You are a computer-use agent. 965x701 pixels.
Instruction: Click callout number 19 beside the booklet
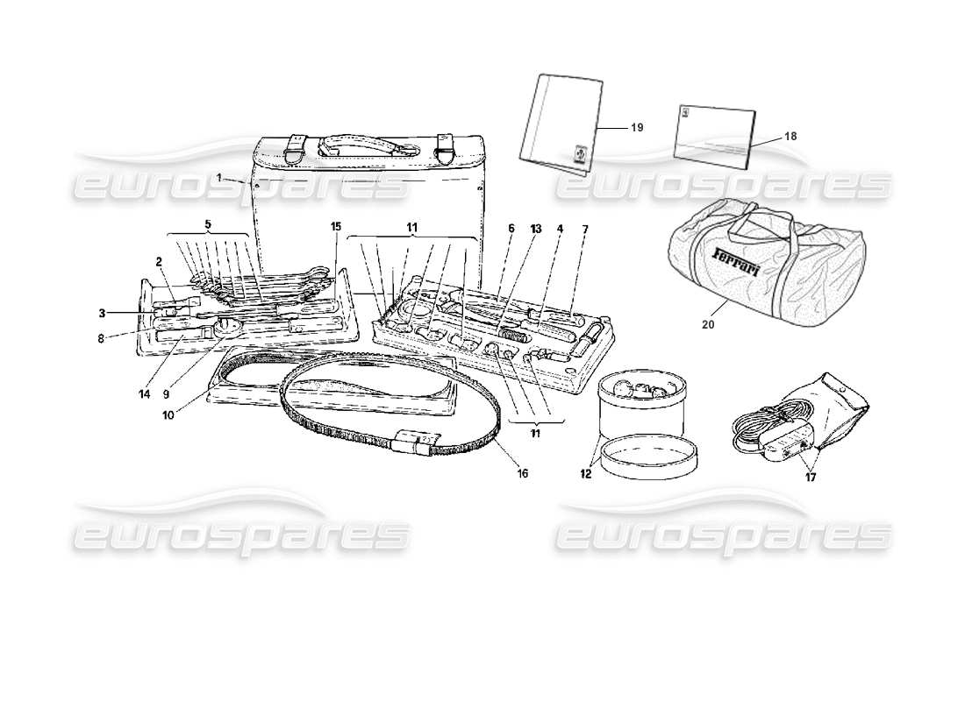click(637, 127)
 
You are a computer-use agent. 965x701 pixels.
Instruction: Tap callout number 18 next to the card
click(790, 136)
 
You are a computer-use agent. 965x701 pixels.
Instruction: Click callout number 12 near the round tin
click(585, 474)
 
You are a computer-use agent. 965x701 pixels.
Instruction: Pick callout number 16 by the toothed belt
click(522, 474)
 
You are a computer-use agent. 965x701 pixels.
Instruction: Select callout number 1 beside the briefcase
click(220, 177)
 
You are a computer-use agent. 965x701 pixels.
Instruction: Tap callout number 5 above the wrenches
click(208, 224)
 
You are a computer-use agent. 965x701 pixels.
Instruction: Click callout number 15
click(335, 226)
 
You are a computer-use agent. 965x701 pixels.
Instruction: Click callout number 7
click(585, 230)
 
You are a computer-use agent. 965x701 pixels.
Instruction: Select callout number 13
click(536, 230)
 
